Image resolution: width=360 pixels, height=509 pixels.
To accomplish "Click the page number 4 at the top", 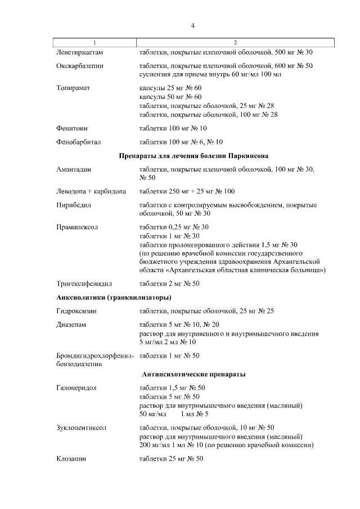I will coord(193,26).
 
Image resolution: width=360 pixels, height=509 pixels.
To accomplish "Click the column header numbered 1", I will coord(94,43).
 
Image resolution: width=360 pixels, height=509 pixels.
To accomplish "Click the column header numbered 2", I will coord(235,43).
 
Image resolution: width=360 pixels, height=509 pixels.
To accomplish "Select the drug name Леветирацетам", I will coord(80,52).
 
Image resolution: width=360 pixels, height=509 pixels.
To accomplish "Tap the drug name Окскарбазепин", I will coord(80,66).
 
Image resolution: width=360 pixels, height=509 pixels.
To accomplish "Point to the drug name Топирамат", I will coord(74,88).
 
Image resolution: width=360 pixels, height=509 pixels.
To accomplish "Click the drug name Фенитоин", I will coord(72,128).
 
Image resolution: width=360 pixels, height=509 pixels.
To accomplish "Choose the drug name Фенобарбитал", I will coord(79,142).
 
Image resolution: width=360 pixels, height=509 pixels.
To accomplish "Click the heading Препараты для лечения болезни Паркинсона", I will coord(193,155).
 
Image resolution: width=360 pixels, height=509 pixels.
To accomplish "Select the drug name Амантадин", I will coord(74,169).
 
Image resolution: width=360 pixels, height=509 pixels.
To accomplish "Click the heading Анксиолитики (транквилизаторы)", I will coord(114,297).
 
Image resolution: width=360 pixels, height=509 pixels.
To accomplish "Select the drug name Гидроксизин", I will coord(78,311).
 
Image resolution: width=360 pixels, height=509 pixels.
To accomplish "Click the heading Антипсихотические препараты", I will coord(193,374).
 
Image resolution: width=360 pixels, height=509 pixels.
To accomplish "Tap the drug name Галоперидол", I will coord(77,388).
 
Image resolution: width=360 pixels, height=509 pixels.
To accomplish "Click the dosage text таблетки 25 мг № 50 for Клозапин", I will coord(171,459).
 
